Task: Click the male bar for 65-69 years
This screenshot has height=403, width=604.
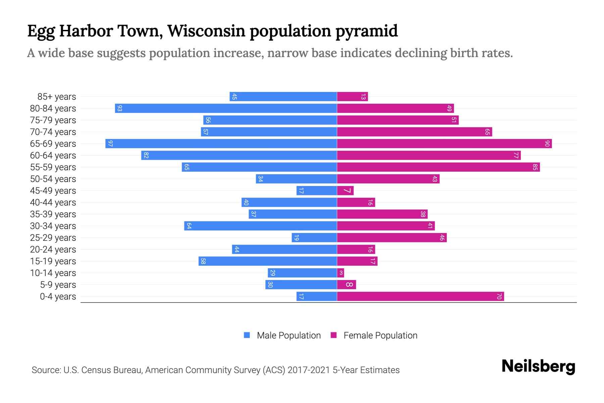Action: (x=221, y=144)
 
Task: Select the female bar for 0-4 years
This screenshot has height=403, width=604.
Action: (x=420, y=297)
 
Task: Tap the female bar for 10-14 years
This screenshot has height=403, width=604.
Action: (x=341, y=273)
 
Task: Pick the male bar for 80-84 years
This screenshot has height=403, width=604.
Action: (x=226, y=108)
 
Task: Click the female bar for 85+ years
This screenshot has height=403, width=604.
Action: (x=352, y=97)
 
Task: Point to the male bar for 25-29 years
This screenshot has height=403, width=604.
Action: (x=314, y=238)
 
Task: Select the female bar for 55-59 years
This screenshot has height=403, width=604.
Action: (x=438, y=167)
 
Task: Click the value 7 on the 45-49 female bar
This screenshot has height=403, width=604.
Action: (x=347, y=191)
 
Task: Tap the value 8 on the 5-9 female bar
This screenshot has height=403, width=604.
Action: (x=349, y=285)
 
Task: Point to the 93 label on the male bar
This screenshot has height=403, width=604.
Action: (x=119, y=108)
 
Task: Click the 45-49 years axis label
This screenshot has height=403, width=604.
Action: (x=53, y=191)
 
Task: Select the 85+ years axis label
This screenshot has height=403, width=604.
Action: (x=57, y=97)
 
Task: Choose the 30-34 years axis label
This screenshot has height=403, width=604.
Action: (x=53, y=226)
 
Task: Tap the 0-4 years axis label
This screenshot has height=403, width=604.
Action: (x=58, y=297)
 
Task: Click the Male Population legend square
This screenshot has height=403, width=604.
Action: (x=247, y=335)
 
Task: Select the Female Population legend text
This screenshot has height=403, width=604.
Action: (x=380, y=335)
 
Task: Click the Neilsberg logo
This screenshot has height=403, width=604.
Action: (x=538, y=366)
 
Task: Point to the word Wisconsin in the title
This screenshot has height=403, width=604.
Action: (x=206, y=31)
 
